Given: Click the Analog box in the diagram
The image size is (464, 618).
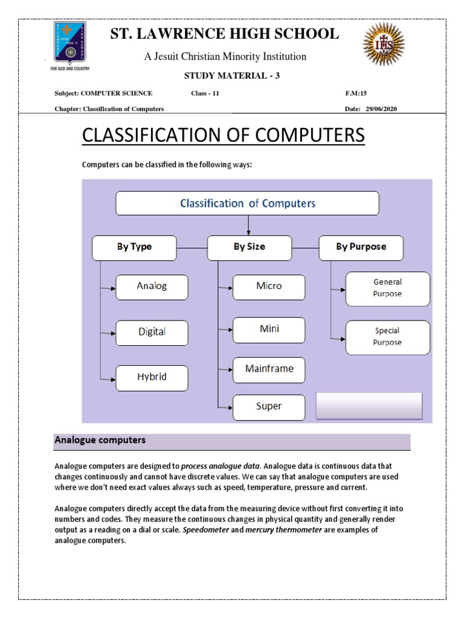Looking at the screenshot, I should tap(152, 286).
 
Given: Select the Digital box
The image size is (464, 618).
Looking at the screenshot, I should tap(152, 332).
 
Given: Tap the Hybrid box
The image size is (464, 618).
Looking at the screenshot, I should tap(152, 377).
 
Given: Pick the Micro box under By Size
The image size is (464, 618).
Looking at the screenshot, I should tap(269, 286).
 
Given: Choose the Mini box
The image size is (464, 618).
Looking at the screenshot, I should tap(269, 330).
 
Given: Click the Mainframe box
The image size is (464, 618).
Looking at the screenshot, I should tap(269, 369).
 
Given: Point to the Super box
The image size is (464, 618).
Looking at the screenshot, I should tap(269, 406).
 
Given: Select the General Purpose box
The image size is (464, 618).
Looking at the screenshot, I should tap(387, 288).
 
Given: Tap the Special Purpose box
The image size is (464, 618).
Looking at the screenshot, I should tap(387, 337).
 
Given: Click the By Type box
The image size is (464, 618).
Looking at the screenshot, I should tap(134, 247).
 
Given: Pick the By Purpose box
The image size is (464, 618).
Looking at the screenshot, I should tap(361, 247).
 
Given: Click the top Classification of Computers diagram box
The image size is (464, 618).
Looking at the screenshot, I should tap(247, 203).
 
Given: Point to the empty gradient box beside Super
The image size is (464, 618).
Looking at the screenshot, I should tap(369, 406).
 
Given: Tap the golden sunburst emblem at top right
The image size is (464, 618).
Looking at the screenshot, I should tap(383, 44).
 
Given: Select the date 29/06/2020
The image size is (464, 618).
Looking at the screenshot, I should tap(381, 109).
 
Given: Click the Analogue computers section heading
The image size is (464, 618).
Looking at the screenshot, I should tap(100, 441).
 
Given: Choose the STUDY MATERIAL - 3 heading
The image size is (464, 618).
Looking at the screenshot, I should tap(231, 75).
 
